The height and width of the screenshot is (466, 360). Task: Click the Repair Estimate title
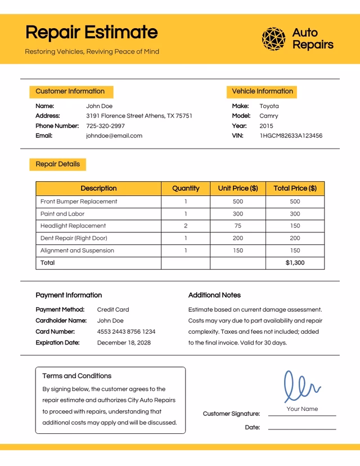91,32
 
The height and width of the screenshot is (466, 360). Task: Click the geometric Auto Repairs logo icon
274,39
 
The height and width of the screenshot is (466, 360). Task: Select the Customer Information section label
70,91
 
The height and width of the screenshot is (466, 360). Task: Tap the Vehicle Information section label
262,91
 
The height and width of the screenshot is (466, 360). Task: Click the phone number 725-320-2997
105,126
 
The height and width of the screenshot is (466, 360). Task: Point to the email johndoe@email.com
114,136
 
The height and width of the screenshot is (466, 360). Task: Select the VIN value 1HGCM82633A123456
291,136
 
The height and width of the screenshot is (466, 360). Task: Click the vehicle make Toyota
269,106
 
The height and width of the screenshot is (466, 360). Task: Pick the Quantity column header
186,189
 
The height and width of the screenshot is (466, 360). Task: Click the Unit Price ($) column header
238,189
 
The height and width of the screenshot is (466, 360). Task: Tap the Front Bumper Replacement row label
79,201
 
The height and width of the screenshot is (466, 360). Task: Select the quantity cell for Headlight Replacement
186,226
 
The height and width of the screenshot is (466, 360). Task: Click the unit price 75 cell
238,226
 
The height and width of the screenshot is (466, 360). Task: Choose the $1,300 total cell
295,263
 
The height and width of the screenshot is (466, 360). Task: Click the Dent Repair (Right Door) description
74,238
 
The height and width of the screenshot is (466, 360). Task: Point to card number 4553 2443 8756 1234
126,331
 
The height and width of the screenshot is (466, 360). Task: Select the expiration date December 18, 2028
124,343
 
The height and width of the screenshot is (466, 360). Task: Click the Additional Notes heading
214,295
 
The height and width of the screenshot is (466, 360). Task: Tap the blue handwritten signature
301,387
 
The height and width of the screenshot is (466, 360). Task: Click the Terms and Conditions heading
77,376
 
